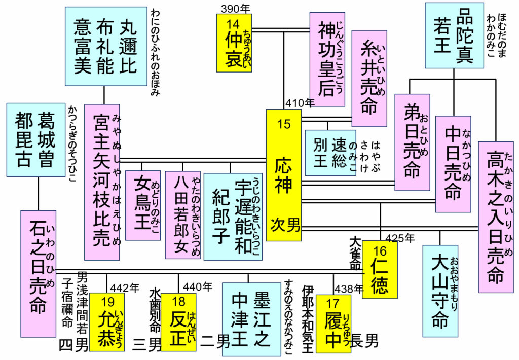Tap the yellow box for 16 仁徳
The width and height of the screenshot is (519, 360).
380,269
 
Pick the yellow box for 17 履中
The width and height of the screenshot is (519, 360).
333,323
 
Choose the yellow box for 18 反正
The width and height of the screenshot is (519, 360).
178,323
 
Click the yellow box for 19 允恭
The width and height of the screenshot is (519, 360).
106,323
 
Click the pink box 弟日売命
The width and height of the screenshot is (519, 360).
412,142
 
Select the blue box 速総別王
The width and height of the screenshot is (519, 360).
330,153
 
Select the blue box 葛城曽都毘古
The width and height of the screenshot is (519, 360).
35,133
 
